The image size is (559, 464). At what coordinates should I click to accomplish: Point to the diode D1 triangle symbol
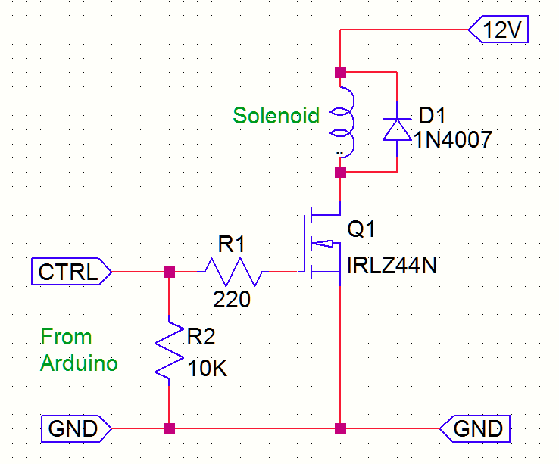pos(395,129)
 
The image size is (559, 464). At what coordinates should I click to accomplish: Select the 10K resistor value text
pos(207,370)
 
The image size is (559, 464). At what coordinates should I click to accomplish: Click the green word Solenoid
pos(276,116)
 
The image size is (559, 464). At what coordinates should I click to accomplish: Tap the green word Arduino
pos(80,363)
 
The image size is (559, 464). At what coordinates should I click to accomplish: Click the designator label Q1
pos(361,229)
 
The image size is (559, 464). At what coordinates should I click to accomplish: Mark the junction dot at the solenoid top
pos(340,73)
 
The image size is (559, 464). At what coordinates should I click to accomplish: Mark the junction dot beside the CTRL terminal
pos(169,271)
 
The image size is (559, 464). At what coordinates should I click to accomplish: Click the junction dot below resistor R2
pos(169,429)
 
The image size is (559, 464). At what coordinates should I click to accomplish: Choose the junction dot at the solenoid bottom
pos(340,173)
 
